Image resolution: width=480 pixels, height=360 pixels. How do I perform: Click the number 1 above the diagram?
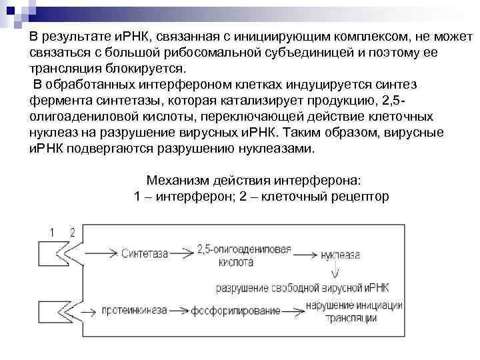53,232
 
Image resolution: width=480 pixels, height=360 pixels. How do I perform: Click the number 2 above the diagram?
71,232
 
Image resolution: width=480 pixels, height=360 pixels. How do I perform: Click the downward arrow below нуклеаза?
336,270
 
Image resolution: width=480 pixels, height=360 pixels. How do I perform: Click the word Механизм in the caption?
175,181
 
